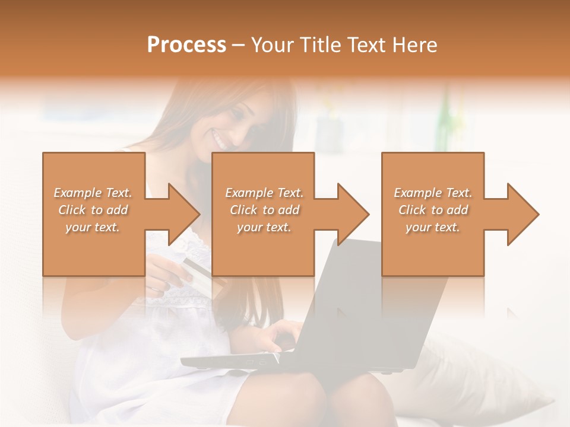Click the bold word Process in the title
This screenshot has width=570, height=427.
point(186,44)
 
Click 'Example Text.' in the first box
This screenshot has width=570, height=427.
point(93,193)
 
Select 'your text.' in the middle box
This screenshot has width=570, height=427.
point(264,227)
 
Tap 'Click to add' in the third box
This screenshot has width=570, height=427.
point(433,210)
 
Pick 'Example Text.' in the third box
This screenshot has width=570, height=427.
point(433,193)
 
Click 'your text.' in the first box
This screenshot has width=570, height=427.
point(93,227)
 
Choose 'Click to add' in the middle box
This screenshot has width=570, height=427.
point(264,210)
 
